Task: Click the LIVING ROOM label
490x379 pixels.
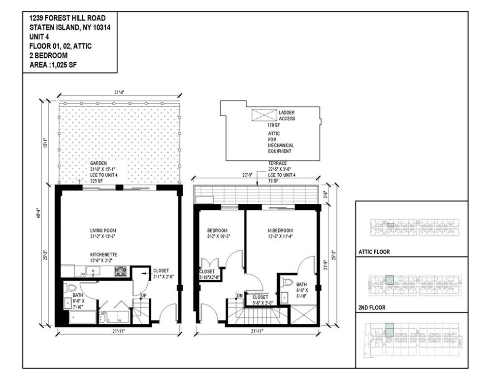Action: point(103,230)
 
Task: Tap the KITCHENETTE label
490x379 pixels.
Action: point(103,255)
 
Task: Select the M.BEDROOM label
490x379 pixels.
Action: point(280,230)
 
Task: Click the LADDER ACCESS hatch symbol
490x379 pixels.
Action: point(265,115)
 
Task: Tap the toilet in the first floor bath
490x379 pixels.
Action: point(70,288)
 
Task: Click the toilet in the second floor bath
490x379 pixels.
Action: point(287,283)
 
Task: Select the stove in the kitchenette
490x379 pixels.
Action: point(120,270)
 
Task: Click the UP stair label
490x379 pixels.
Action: point(144,296)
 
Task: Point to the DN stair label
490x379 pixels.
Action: point(239,296)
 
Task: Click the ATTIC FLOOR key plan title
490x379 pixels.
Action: point(374,252)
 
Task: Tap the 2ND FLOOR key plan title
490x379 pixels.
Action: point(372,307)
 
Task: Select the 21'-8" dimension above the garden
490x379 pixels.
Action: point(119,92)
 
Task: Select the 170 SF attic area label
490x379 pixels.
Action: point(274,126)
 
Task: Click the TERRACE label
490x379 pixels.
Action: point(277,163)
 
